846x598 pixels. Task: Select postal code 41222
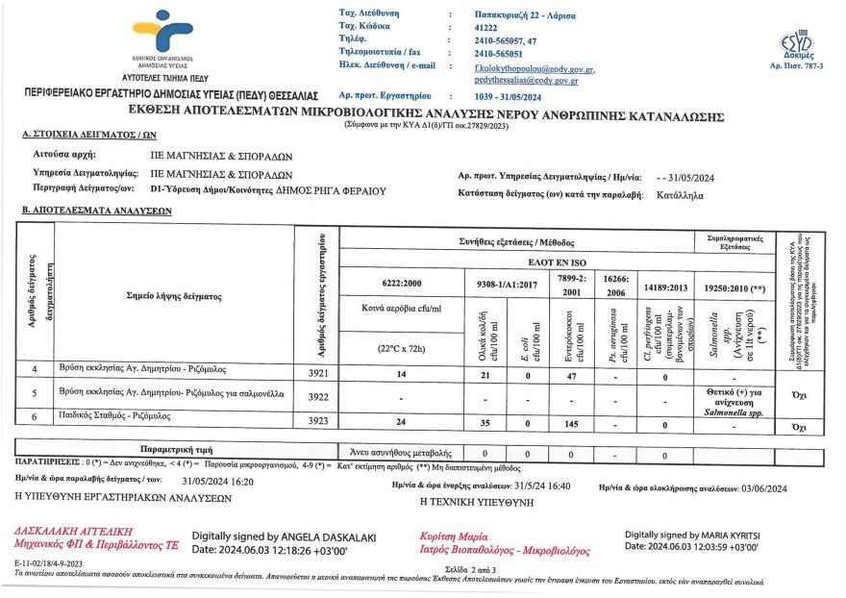tap(489, 28)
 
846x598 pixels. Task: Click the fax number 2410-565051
tap(504, 53)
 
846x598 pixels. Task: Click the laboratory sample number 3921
tap(317, 372)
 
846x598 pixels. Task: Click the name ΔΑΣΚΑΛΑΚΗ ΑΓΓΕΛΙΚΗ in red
tap(73, 531)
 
